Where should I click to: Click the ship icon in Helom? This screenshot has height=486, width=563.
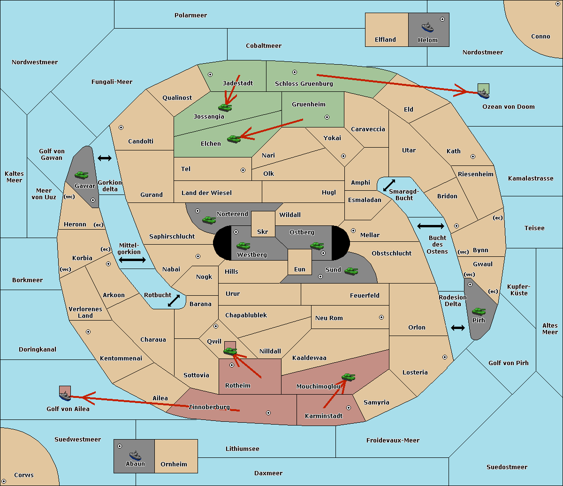427,28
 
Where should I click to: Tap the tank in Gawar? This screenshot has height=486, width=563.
82,175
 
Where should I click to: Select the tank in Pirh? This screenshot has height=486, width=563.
479,312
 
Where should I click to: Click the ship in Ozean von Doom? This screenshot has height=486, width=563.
483,94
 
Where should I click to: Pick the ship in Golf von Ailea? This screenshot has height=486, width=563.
65,396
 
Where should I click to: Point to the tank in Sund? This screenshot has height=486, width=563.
351,271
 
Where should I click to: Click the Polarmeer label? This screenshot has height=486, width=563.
190,15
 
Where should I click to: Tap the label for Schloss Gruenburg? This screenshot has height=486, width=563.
304,83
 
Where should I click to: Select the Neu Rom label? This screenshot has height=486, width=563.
329,318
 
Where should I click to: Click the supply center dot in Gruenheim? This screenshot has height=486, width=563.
327,117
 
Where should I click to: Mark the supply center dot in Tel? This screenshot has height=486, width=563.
243,170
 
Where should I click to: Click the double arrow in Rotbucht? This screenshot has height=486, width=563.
174,301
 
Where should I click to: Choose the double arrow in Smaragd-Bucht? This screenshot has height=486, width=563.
389,185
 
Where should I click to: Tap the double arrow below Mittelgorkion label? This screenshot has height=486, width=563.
132,260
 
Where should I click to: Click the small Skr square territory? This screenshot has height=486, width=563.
263,224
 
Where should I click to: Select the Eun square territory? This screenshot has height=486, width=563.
300,262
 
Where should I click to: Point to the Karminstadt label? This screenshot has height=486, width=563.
324,416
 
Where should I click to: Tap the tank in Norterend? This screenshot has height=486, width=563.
209,220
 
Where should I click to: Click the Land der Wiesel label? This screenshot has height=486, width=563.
206,193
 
